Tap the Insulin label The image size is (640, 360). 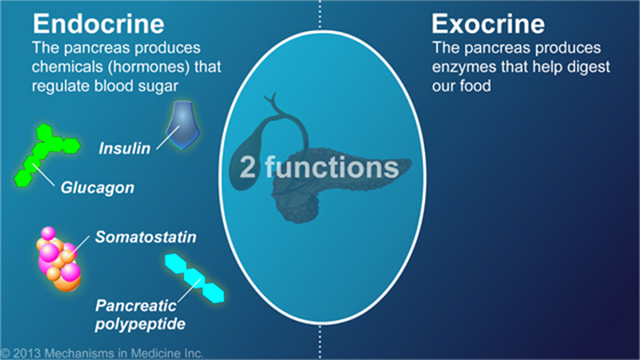[124, 148]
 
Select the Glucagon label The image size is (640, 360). [97, 188]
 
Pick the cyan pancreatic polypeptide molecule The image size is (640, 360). [195, 278]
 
